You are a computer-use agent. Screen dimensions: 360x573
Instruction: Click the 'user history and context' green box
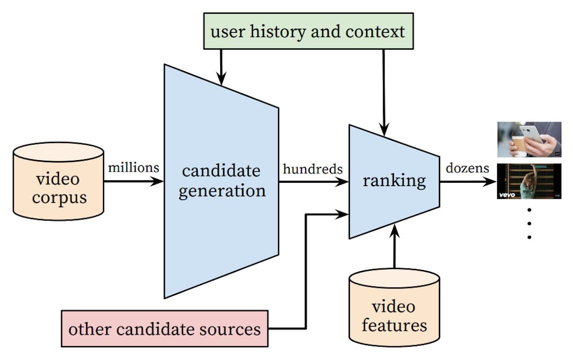tap(308, 31)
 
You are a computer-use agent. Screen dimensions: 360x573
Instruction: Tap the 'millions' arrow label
tap(133, 168)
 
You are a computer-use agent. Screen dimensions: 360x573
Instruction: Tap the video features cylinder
tap(394, 313)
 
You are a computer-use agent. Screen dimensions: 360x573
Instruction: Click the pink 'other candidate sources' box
tap(164, 329)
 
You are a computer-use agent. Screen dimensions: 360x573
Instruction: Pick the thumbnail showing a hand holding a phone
tap(529, 139)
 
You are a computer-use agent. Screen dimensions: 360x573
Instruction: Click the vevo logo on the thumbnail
tap(507, 195)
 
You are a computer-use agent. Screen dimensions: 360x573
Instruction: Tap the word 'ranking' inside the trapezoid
tap(394, 181)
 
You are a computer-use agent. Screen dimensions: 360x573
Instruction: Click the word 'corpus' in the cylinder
tap(58, 197)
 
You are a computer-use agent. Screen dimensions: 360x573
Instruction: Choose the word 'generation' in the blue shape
tap(222, 190)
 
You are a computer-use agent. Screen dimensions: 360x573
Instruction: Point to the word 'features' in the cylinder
tap(394, 324)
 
